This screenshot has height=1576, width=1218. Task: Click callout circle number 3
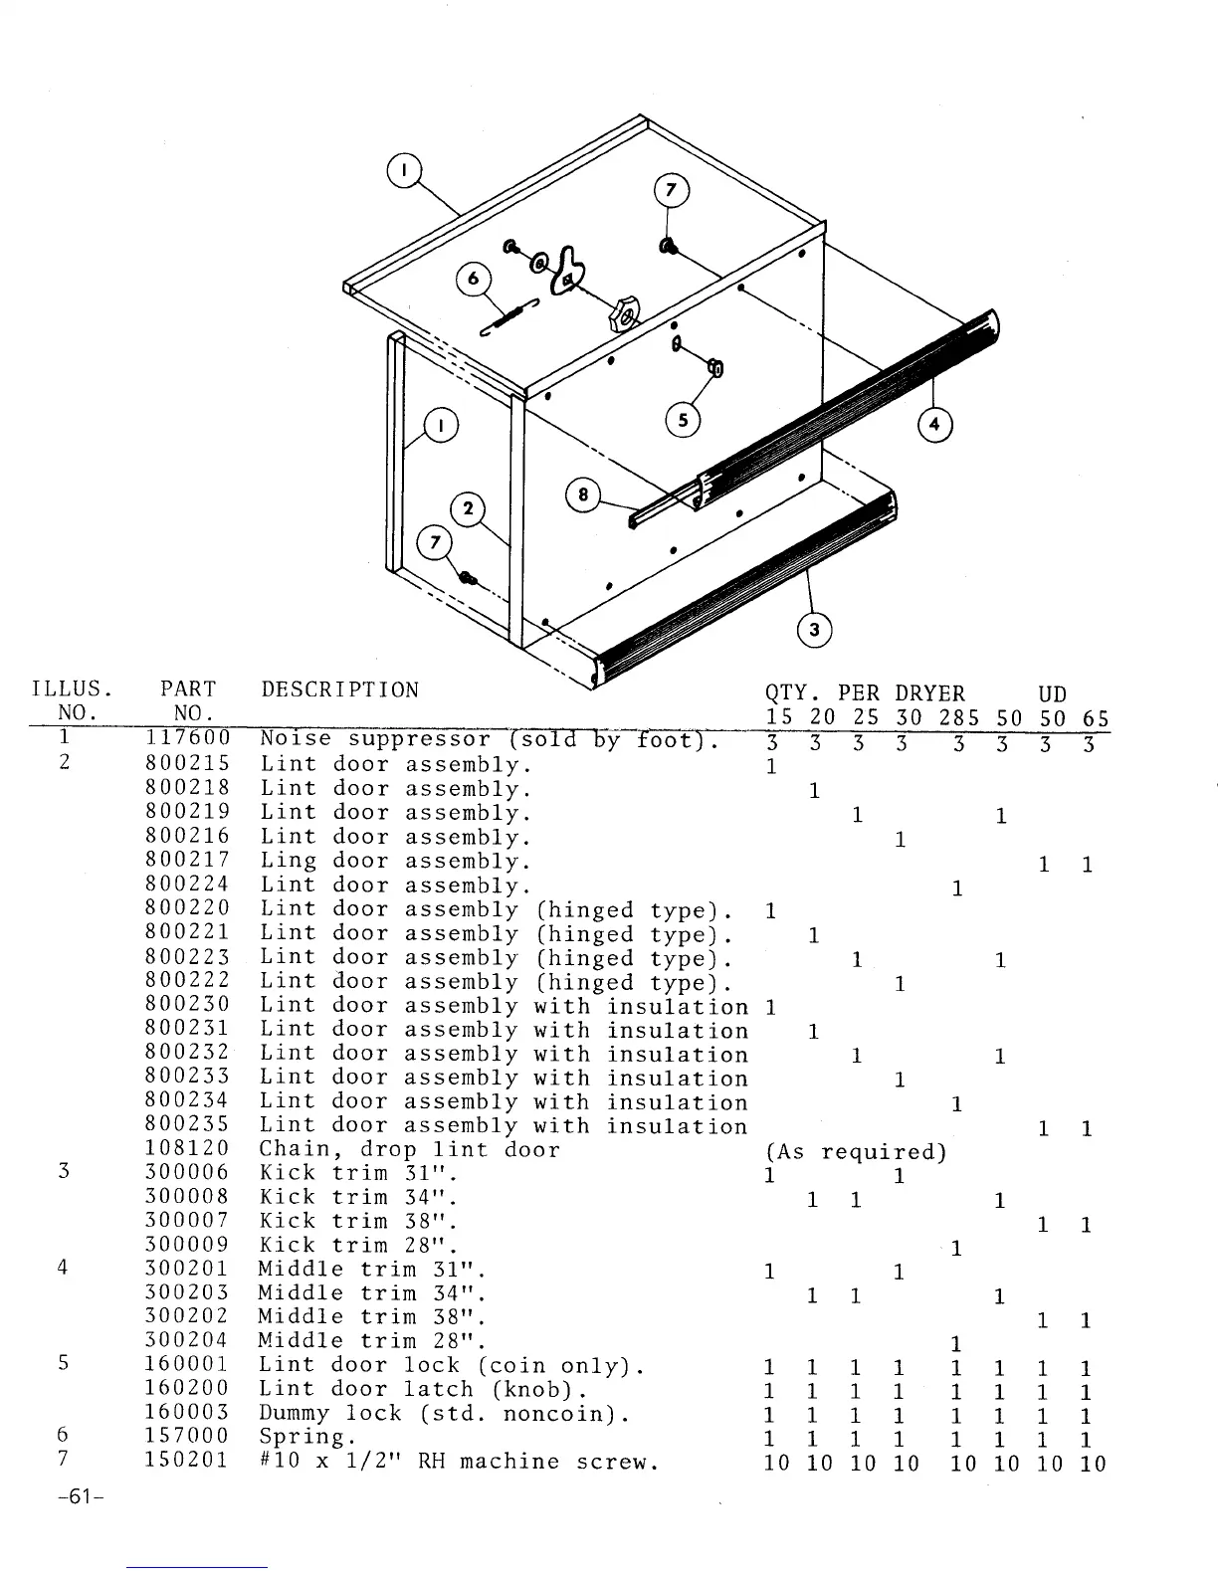(x=815, y=630)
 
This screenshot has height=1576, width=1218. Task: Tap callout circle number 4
(x=934, y=425)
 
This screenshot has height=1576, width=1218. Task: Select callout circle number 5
(x=683, y=420)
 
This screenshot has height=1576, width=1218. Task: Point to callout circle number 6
(x=474, y=280)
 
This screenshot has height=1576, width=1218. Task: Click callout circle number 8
(x=583, y=495)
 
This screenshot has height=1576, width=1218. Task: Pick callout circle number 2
(x=468, y=511)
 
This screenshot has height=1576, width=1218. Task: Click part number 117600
(x=187, y=739)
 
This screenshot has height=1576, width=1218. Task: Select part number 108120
(x=187, y=1150)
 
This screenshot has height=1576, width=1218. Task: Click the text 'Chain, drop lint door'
(x=409, y=1150)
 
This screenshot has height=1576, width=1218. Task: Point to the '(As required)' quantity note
(x=855, y=1152)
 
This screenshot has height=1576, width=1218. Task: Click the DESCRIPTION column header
(x=339, y=690)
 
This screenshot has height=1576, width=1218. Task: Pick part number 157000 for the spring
(x=187, y=1437)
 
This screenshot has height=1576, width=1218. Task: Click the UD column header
(x=1052, y=694)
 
